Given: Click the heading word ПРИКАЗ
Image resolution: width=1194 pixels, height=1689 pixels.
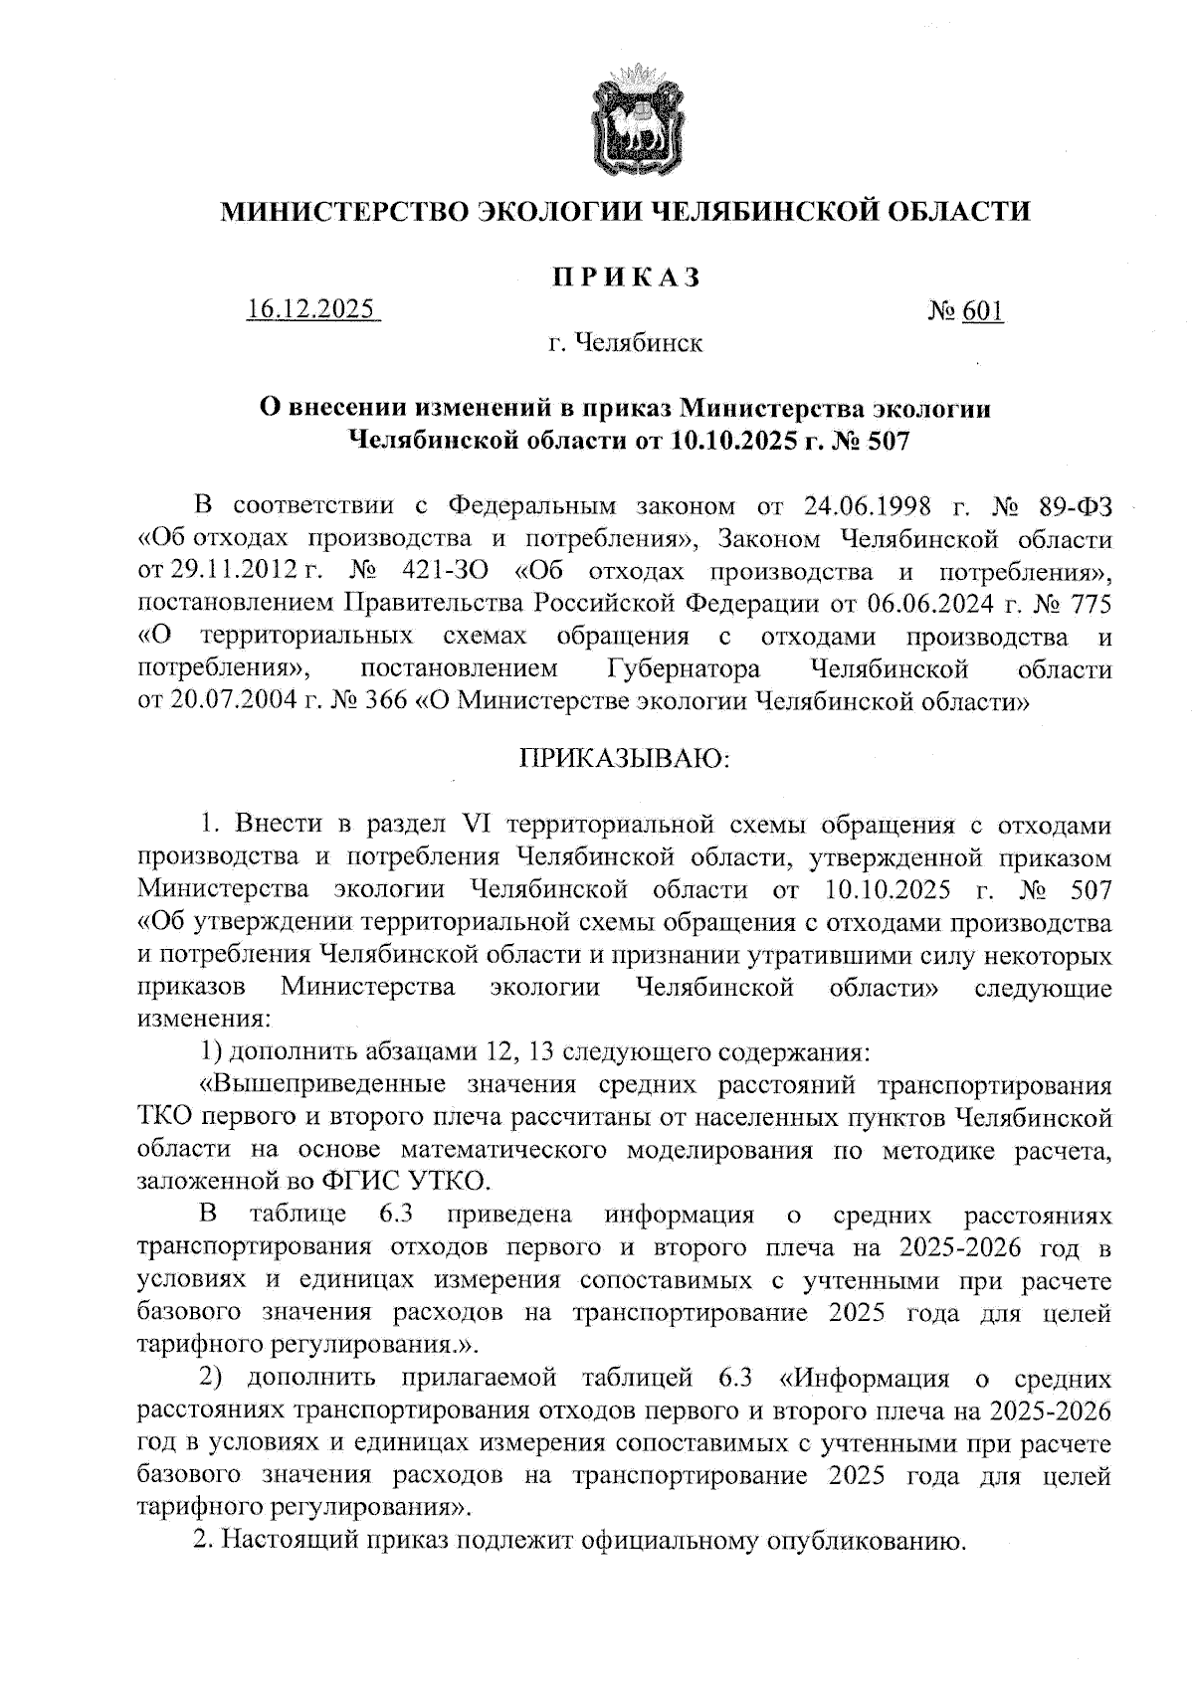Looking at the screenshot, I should click(628, 277).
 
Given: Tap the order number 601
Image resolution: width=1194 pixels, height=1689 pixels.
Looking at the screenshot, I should click(983, 311).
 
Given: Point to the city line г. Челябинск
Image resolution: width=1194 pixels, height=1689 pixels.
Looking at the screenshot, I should click(626, 344).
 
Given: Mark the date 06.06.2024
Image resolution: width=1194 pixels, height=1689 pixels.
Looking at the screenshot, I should click(934, 604).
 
